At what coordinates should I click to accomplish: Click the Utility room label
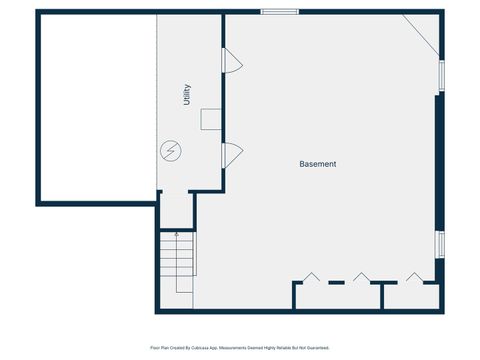pyautogui.click(x=186, y=96)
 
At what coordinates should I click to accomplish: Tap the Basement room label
pyautogui.click(x=318, y=164)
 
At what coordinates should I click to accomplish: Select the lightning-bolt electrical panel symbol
pyautogui.click(x=171, y=151)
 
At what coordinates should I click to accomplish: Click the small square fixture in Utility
pyautogui.click(x=211, y=120)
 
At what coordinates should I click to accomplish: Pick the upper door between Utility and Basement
pyautogui.click(x=231, y=62)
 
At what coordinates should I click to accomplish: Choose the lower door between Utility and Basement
pyautogui.click(x=231, y=154)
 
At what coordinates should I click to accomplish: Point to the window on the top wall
pyautogui.click(x=279, y=12)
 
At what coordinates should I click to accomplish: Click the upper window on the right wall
pyautogui.click(x=440, y=75)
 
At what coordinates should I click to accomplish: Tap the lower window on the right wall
pyautogui.click(x=440, y=244)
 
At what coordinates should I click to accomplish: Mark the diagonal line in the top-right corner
pyautogui.click(x=421, y=33)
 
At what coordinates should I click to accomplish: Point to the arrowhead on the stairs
pyautogui.click(x=176, y=236)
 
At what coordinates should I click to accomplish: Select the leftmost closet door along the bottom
pyautogui.click(x=311, y=277)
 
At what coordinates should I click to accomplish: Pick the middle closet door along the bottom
pyautogui.click(x=361, y=277)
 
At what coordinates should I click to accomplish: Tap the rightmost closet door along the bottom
pyautogui.click(x=414, y=277)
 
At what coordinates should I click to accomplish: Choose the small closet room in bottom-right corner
pyautogui.click(x=412, y=297)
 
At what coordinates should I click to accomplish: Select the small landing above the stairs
pyautogui.click(x=176, y=210)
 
